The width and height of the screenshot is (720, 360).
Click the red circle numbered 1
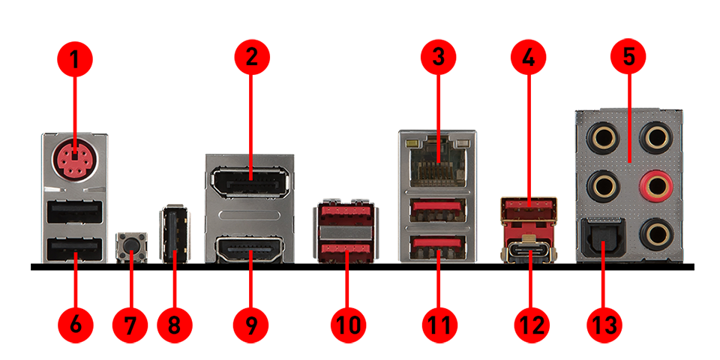pos(75,59)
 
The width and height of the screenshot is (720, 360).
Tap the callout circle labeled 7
pos(130,325)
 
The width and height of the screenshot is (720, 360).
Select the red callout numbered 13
pos(604,325)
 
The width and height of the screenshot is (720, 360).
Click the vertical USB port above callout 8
pos(174,234)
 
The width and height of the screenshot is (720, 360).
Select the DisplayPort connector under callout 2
pos(250,182)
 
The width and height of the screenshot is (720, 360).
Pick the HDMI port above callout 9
pos(250,250)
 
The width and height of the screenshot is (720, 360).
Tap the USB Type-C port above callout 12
pos(529,252)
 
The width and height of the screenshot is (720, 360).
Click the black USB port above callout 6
pos(74,250)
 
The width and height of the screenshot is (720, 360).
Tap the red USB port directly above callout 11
pos(437,247)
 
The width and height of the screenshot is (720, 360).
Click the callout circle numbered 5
pos(628,57)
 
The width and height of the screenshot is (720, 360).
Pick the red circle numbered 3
pos(438,57)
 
